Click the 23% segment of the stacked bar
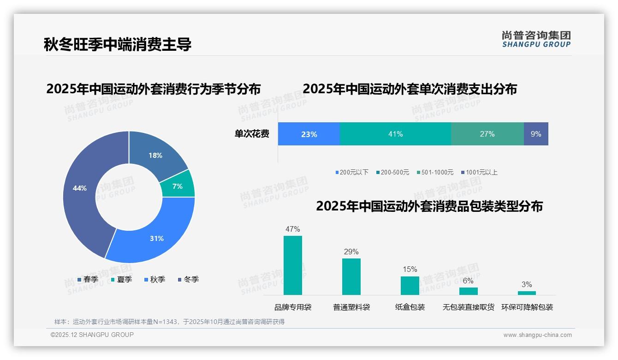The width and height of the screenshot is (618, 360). tap(309, 134)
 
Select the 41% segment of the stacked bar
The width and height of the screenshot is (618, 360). tap(395, 134)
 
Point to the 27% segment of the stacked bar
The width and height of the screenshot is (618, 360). tap(487, 134)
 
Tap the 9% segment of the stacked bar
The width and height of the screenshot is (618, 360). tap(536, 134)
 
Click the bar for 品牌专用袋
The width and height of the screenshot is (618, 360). tap(293, 265)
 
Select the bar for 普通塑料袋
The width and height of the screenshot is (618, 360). tap(351, 276)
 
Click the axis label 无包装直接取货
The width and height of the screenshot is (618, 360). tap(468, 307)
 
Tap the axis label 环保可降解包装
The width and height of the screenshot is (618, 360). tap(527, 307)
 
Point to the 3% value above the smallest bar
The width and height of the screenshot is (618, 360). tap(527, 284)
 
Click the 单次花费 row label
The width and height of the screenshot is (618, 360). tap(252, 134)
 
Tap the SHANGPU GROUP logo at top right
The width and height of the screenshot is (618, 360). tap(536, 39)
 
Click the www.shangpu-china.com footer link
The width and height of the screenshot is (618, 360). tap(537, 335)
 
